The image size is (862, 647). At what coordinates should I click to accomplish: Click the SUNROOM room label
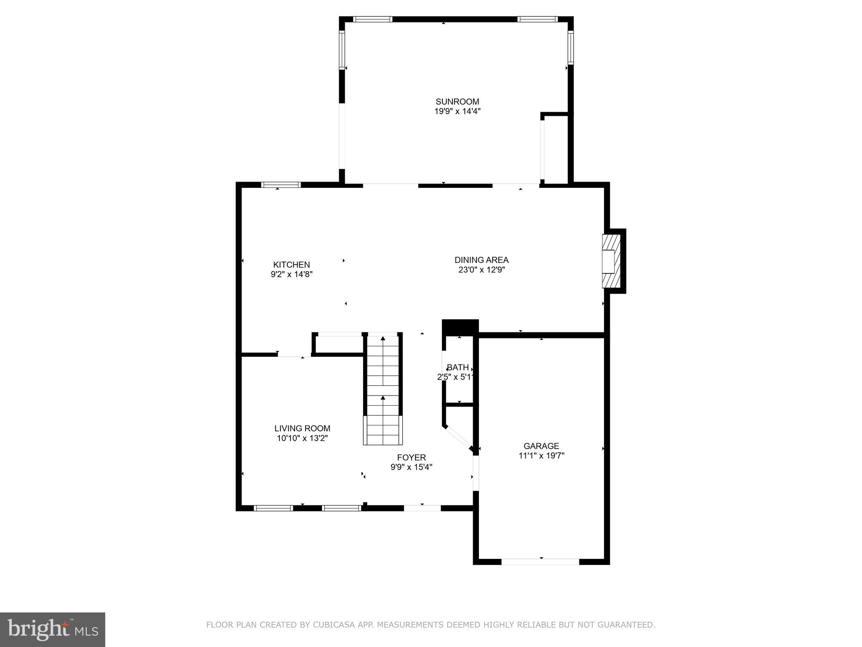tap(457, 102)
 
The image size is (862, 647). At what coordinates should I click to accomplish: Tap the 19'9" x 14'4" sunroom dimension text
tap(457, 112)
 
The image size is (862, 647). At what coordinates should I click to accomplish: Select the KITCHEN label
tap(291, 265)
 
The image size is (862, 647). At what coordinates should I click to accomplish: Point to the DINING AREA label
tap(482, 260)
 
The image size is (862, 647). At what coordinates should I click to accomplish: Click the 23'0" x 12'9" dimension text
tap(482, 270)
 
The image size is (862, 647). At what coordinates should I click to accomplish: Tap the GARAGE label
tap(541, 446)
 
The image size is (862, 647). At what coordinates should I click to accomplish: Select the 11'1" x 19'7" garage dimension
tap(541, 455)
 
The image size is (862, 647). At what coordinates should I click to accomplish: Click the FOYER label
tap(411, 457)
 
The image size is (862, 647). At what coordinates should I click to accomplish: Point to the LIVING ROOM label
tap(302, 428)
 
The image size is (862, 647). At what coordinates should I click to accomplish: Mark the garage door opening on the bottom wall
tap(540, 561)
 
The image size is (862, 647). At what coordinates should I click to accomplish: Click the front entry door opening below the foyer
tap(422, 508)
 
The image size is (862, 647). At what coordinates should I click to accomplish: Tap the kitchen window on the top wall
tap(281, 184)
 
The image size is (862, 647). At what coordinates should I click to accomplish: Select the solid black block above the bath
tap(460, 327)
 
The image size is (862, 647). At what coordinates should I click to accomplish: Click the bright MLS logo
tap(53, 629)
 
